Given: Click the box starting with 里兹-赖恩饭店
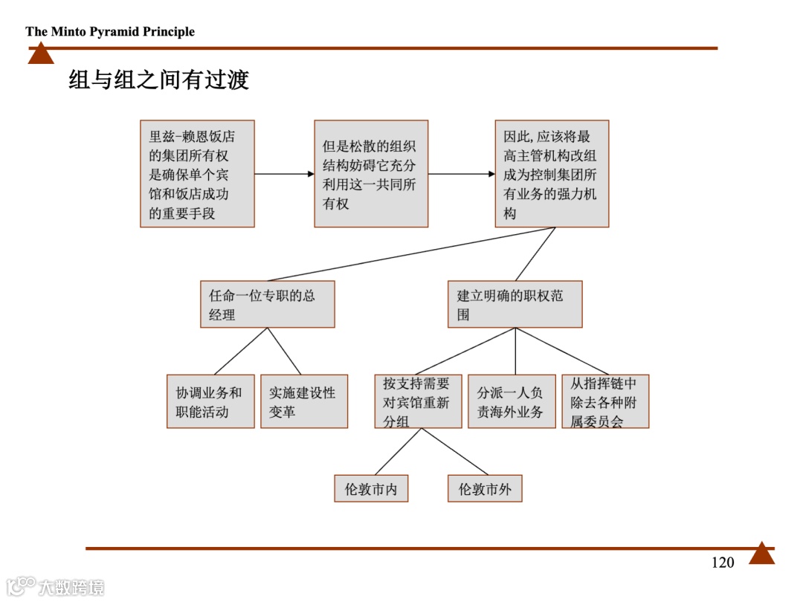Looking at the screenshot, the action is [x=197, y=174].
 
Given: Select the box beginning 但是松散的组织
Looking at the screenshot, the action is [x=371, y=174].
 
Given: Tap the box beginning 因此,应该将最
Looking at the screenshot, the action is [x=552, y=174].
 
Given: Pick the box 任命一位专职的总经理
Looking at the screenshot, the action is [x=267, y=304].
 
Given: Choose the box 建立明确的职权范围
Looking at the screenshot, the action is [x=515, y=304].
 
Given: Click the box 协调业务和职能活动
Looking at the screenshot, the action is [x=210, y=401].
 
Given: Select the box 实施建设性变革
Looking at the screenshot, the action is [x=304, y=401].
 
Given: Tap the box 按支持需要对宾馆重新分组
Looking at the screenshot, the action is [x=418, y=401].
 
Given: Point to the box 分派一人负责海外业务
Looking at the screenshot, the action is [x=512, y=401].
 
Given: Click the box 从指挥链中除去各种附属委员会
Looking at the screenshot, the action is [x=605, y=401].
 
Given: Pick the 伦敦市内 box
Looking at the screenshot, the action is [x=371, y=489].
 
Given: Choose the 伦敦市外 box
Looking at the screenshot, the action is [x=485, y=489].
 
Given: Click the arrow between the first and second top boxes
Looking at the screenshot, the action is [x=284, y=174].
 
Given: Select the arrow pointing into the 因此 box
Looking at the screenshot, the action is [x=462, y=174].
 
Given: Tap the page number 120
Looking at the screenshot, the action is [x=723, y=563].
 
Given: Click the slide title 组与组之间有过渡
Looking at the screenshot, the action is [x=158, y=80].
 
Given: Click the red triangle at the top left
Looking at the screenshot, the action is [x=41, y=54].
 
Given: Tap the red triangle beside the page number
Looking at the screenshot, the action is [x=761, y=554].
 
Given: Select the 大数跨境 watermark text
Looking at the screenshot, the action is [x=71, y=587].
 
